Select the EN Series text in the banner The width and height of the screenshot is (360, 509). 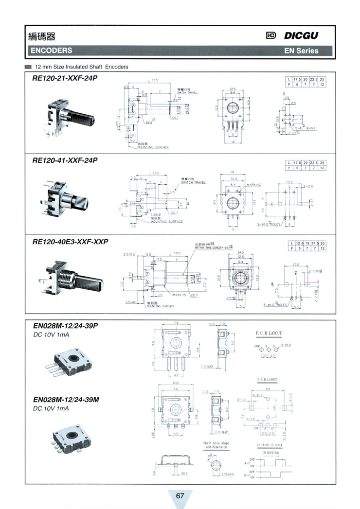[302, 51]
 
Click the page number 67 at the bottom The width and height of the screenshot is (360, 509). [180, 495]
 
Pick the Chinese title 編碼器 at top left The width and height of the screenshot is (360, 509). [42, 36]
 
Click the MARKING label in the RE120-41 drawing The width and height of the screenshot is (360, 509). [254, 185]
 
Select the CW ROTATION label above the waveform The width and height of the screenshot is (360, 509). [270, 453]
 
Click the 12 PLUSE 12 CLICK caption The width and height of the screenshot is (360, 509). [270, 445]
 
